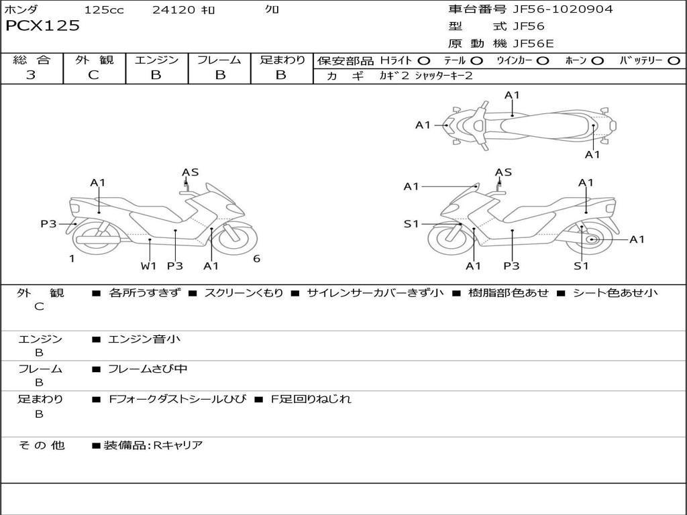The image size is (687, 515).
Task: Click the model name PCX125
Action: tap(42, 26)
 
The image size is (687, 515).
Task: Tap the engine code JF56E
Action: tap(533, 44)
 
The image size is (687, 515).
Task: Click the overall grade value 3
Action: tap(31, 75)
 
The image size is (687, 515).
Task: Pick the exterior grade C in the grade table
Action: tap(94, 75)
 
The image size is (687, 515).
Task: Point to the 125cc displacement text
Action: tap(105, 10)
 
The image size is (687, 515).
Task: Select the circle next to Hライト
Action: tap(424, 61)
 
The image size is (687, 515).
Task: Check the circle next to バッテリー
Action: tap(674, 61)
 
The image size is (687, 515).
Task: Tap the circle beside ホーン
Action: tap(597, 61)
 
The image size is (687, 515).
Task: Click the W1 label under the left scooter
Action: tap(148, 266)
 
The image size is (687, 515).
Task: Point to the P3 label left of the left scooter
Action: tap(48, 224)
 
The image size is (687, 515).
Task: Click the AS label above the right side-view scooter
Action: tap(504, 172)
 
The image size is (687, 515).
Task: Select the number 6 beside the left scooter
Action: tap(256, 259)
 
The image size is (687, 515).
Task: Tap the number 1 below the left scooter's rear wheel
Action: tap(72, 259)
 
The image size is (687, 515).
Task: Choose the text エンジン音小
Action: tap(144, 339)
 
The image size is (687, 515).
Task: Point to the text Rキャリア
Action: tap(178, 445)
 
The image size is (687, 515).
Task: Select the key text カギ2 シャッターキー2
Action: tap(426, 76)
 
